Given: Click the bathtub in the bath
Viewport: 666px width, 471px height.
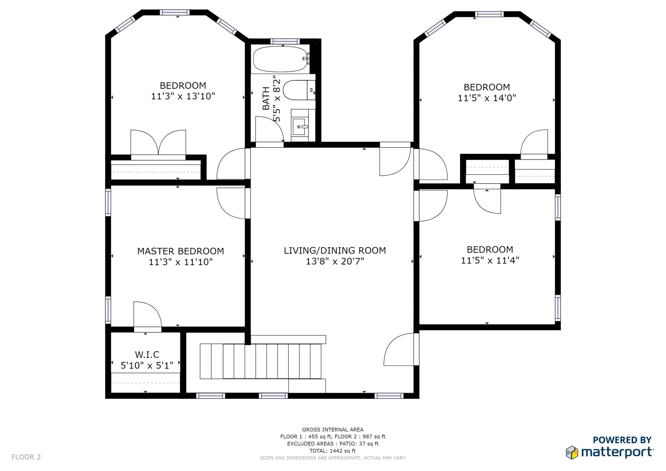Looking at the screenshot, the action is tap(280, 59).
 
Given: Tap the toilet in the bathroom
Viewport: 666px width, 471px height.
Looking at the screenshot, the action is tap(299, 90).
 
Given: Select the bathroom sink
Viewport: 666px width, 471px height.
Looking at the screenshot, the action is tap(300, 127).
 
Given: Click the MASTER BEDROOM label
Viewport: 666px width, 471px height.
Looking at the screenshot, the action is tap(180, 251).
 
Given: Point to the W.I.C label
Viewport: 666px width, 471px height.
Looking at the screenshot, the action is tap(147, 354).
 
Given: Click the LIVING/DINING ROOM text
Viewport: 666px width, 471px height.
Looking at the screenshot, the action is tap(335, 250).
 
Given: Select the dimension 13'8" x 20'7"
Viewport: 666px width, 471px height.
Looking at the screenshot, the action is tap(335, 261).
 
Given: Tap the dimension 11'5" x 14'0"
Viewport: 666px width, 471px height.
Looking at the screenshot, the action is tap(487, 98).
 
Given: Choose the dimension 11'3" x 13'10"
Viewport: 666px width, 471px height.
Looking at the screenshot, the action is tap(183, 96).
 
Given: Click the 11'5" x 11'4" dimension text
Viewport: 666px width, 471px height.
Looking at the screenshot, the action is tap(490, 260).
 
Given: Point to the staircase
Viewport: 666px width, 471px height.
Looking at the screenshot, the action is tap(260, 361).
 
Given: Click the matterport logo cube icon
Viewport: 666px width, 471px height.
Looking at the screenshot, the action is tap(572, 452).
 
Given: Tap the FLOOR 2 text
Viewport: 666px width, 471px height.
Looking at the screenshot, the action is tap(26, 457).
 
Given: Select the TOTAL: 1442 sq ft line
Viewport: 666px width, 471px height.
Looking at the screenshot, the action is tap(333, 451).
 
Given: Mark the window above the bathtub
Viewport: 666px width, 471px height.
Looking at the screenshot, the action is tap(285, 41).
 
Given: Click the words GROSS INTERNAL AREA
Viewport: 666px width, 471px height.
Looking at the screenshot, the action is tap(333, 430).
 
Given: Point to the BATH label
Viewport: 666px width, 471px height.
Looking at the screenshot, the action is tap(266, 98).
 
